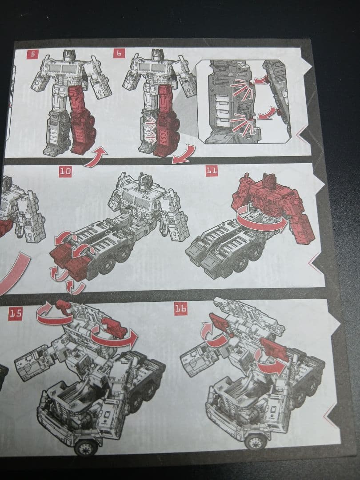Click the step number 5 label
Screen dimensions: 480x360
[x=32, y=54]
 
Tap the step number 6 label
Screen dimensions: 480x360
[x=120, y=53]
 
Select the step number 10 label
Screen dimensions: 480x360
[x=65, y=172]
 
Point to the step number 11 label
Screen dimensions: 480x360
[x=212, y=171]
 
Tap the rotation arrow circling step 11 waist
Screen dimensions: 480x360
[x=260, y=222]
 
